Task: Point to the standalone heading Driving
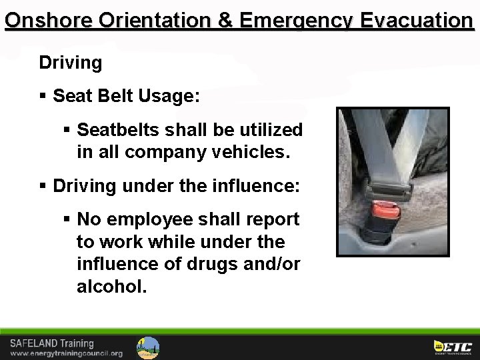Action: [70, 63]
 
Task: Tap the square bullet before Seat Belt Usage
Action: [43, 96]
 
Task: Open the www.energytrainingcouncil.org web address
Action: [66, 353]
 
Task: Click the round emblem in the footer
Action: [148, 347]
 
